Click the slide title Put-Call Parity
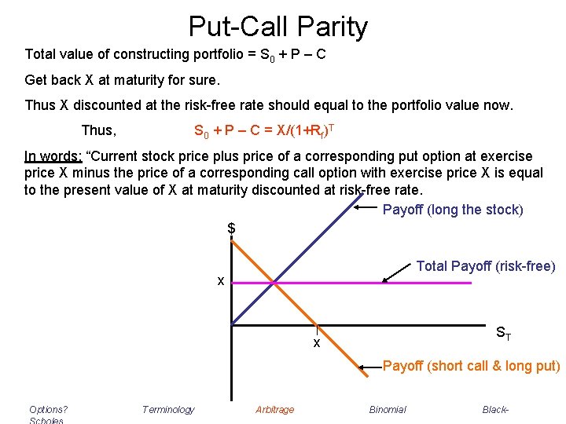pos(277,27)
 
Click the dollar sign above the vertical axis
pos(231,228)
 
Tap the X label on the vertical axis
pos(221,281)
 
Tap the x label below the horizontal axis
pos(316,343)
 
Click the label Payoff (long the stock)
pos(452,210)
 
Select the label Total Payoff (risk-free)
pos(485,266)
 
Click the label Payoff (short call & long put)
pos(471,366)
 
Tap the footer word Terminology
pos(167,409)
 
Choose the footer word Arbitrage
pos(274,409)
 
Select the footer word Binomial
pos(388,409)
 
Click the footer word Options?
pos(48,409)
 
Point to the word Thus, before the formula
pos(98,130)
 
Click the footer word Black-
pos(496,409)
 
